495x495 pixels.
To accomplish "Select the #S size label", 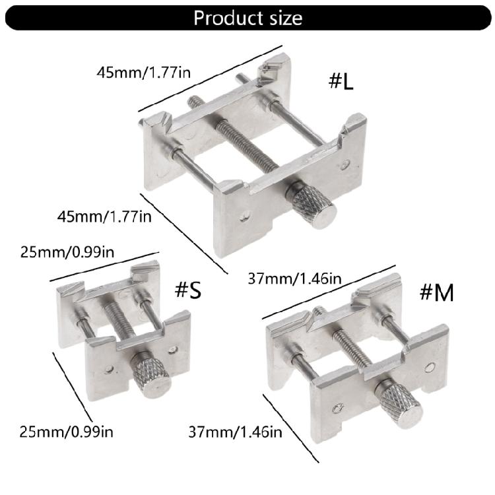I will (187, 290).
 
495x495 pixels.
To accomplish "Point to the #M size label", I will (436, 292).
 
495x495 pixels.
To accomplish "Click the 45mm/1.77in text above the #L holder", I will (143, 72).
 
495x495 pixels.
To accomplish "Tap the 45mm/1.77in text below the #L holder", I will (105, 216).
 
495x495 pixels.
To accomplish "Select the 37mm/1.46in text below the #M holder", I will (235, 433).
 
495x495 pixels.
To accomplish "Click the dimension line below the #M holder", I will (291, 429).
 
